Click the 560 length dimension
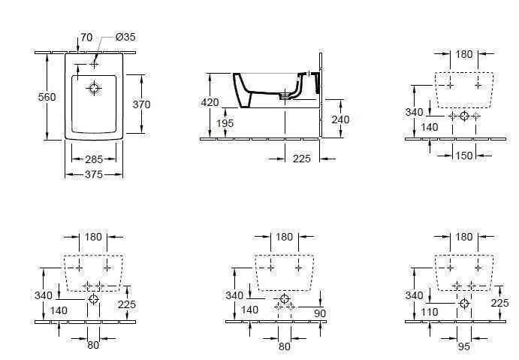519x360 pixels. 47,97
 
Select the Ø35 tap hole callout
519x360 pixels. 125,37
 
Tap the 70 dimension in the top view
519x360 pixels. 86,37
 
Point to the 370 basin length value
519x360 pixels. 141,104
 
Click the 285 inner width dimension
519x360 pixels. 94,159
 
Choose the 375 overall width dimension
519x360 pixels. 94,174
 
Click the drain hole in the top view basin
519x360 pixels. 94,88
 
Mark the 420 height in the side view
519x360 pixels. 210,102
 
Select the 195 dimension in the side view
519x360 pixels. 225,123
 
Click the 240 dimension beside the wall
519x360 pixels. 340,119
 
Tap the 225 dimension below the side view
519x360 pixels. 302,159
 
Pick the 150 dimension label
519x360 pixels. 464,156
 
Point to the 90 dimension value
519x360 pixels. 320,313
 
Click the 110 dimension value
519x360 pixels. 430,312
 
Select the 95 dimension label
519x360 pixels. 464,346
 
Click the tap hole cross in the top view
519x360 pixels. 94,63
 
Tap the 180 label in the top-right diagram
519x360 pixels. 464,54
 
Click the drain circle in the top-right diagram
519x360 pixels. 464,116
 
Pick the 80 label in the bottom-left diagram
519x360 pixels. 93,345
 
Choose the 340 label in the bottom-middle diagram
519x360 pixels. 234,295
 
